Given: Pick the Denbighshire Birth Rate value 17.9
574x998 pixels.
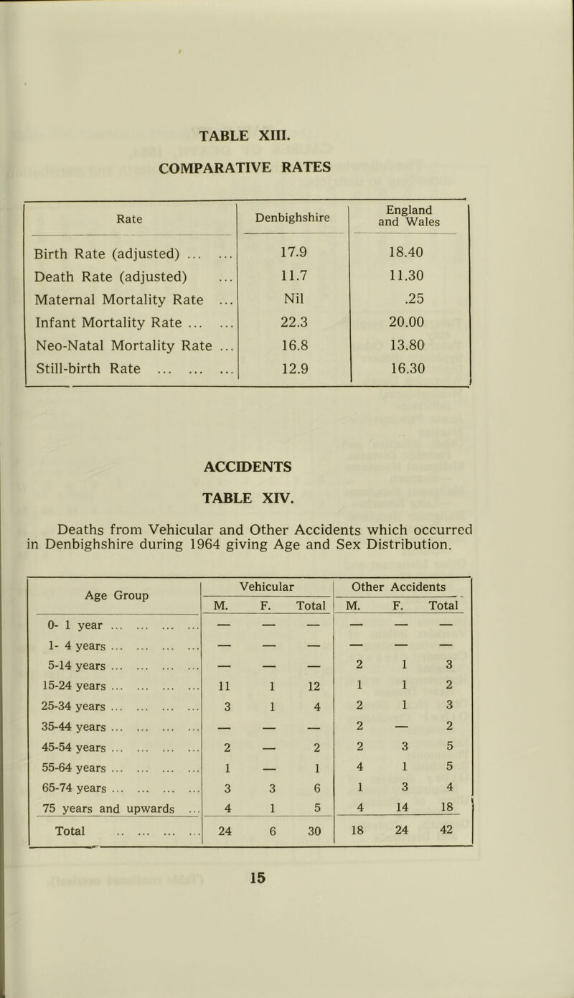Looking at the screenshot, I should (291, 253).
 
